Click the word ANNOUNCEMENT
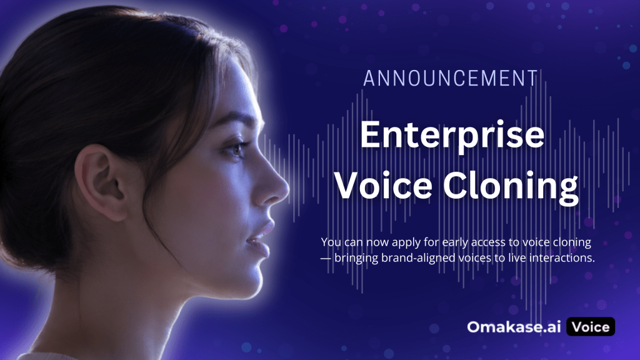click(451, 78)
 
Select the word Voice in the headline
click(384, 186)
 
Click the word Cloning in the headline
click(511, 187)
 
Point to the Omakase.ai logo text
click(514, 327)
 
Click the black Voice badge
click(591, 326)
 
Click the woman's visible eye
click(235, 150)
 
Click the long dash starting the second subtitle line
click(326, 259)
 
